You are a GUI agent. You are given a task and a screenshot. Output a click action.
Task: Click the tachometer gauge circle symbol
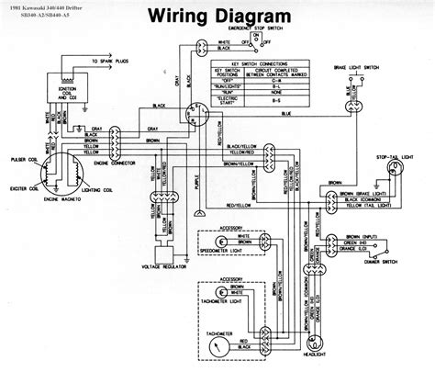[218, 344]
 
